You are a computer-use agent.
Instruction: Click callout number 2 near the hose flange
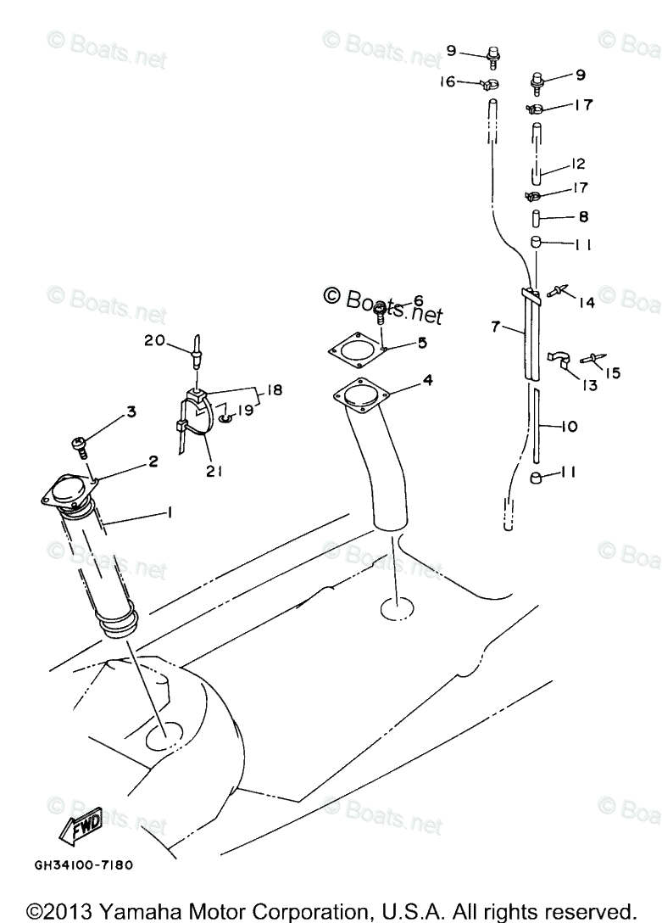(153, 461)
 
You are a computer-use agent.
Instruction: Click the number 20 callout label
(154, 340)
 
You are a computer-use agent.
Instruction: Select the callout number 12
(578, 163)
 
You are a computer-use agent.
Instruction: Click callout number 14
(586, 301)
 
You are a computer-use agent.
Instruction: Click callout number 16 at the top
(447, 81)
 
